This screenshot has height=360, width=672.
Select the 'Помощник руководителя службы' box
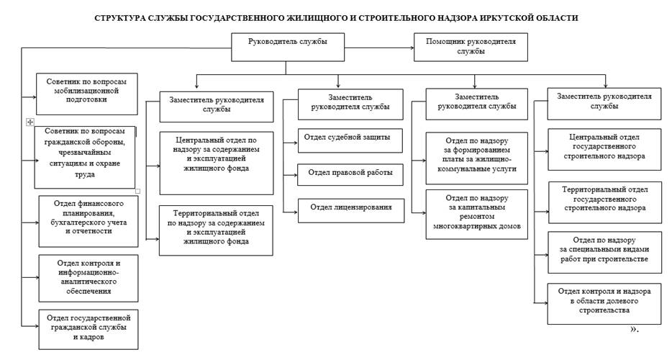[x=471, y=48]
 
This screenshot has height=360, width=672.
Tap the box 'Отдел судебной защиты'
[x=350, y=140]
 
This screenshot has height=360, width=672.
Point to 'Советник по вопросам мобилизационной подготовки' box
[x=86, y=93]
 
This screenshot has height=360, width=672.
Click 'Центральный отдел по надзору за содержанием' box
[x=217, y=163]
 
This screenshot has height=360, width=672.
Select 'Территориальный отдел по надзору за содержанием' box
[x=217, y=230]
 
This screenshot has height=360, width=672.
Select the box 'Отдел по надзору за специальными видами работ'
[x=604, y=252]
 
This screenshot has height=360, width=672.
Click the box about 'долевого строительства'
[x=604, y=303]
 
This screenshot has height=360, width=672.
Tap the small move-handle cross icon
[x=29, y=122]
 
